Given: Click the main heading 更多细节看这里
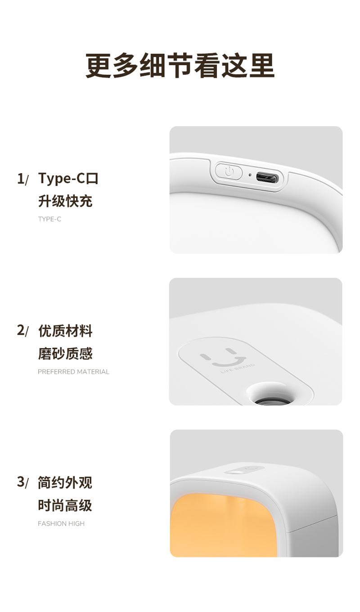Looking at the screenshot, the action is [x=180, y=66].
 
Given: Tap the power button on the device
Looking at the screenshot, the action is [x=229, y=171].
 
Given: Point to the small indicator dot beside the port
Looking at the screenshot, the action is [x=250, y=175].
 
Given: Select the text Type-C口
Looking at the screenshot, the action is [x=68, y=178].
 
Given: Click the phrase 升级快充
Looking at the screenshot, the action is [x=65, y=201].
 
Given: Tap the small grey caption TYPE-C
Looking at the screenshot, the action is [x=49, y=219].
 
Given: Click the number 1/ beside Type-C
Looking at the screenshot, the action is [x=22, y=179].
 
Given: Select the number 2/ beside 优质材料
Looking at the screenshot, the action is [x=22, y=331].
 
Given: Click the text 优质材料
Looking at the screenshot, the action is [x=65, y=331].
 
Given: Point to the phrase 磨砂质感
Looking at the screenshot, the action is [x=65, y=354].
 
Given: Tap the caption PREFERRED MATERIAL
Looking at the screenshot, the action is [x=73, y=372].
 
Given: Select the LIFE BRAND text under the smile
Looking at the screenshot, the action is [x=238, y=368].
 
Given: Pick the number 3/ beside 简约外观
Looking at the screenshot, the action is [x=22, y=482].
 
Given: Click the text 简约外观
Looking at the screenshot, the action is [x=65, y=482].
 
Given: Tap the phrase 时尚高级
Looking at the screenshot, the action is [x=65, y=505].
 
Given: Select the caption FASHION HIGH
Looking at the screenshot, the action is [x=61, y=523].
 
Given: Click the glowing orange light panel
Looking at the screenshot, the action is [x=223, y=526].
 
